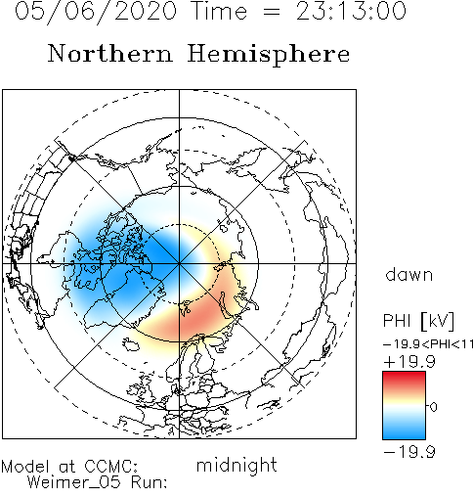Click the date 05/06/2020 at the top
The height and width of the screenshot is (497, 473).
(x=96, y=12)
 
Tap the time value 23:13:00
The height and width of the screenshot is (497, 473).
(x=351, y=11)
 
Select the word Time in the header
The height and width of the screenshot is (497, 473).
(x=220, y=11)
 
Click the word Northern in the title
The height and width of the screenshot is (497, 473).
(x=110, y=53)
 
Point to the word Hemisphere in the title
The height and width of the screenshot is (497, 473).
(x=269, y=55)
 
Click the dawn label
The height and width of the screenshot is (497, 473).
(x=409, y=274)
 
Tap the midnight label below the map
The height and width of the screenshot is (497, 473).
(x=236, y=465)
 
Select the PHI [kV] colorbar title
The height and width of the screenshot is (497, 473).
(x=418, y=321)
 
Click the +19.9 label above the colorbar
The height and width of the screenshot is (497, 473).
(x=409, y=362)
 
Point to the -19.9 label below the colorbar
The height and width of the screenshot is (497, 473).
(x=409, y=452)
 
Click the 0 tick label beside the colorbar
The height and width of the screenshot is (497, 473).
(x=433, y=407)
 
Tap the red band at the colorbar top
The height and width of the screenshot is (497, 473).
(x=404, y=379)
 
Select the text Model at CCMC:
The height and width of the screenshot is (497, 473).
(x=69, y=467)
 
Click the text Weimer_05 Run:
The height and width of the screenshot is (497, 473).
(x=97, y=482)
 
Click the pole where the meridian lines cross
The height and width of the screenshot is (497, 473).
(x=179, y=263)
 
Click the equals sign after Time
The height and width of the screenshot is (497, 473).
(x=271, y=12)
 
